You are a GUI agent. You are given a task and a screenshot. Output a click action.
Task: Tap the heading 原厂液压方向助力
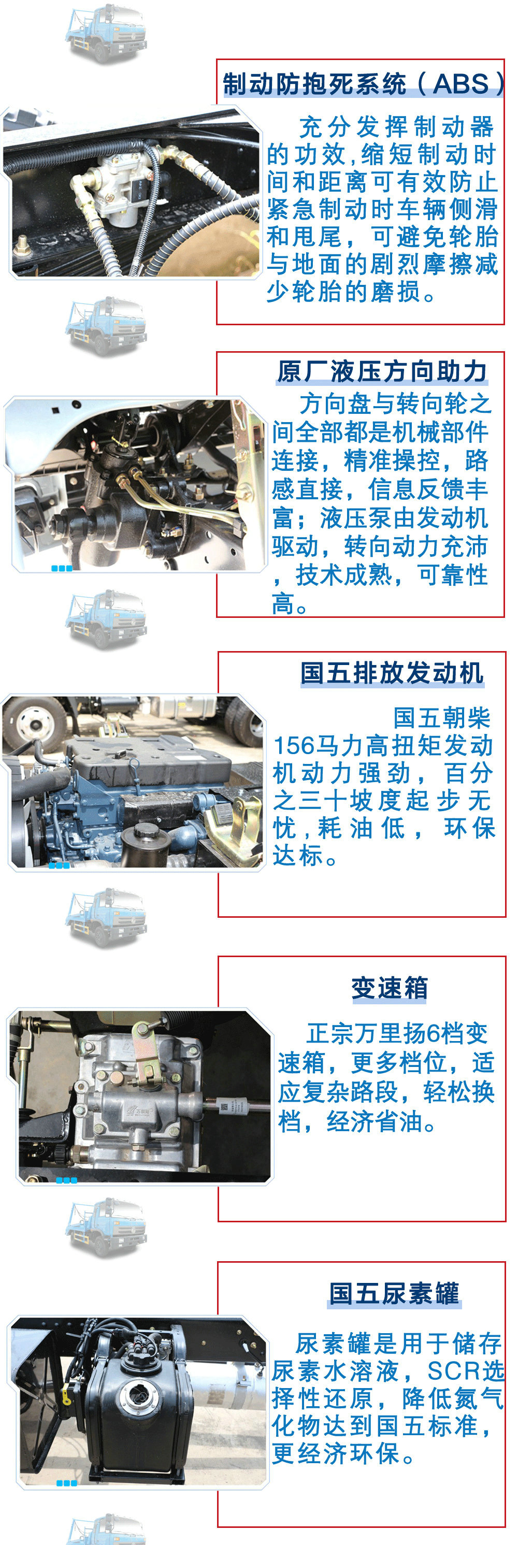click(382, 371)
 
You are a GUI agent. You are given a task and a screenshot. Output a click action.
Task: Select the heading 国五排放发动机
click(392, 673)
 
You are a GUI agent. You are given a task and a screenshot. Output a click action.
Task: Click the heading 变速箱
click(389, 988)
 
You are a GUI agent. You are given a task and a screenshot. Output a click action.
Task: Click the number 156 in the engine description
click(294, 746)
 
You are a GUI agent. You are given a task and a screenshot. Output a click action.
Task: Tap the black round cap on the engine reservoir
click(142, 832)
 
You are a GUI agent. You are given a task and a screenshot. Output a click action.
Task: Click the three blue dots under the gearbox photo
click(66, 1180)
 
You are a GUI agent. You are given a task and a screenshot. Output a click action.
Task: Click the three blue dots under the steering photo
click(62, 568)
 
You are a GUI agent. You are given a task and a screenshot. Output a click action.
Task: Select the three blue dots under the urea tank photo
click(66, 1483)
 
